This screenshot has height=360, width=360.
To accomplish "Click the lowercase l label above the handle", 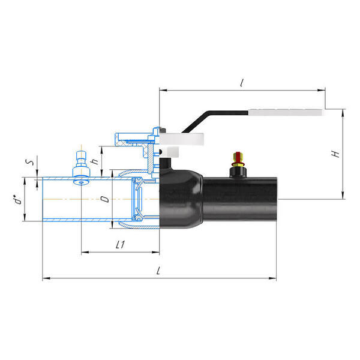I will click(241, 83).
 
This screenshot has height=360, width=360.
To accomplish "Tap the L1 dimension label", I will click(119, 245).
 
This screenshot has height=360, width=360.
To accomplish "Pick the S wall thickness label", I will click(28, 163).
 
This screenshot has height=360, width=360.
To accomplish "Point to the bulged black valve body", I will click(180, 198).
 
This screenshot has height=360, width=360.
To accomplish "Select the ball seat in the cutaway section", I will click(137, 198).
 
